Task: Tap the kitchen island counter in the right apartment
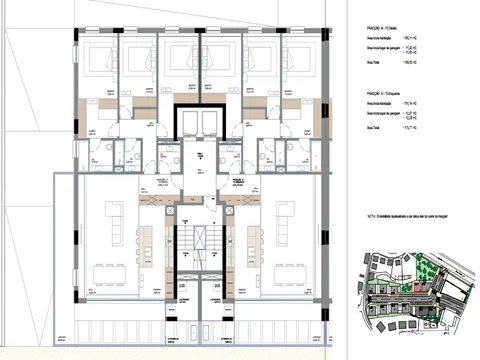[x=249, y=240]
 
